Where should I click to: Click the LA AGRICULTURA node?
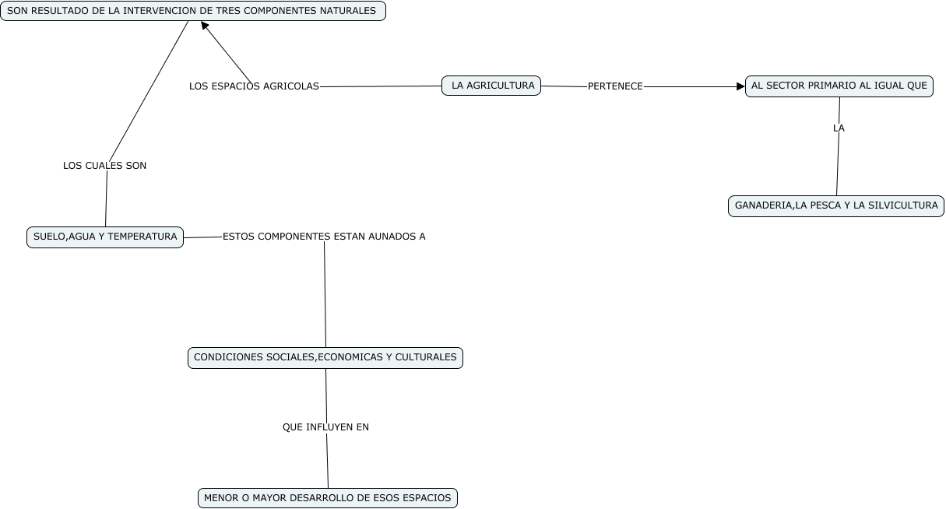[491, 86]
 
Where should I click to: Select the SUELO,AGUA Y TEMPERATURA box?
[105, 237]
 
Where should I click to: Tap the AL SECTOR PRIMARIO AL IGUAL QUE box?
[839, 86]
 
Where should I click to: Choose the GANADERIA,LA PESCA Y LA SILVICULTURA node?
[836, 206]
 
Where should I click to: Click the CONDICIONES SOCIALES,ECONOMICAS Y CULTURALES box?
[325, 357]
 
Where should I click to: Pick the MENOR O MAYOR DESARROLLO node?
[327, 498]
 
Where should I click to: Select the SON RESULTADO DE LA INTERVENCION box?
[192, 11]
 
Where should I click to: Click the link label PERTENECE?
[615, 86]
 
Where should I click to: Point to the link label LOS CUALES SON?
[104, 166]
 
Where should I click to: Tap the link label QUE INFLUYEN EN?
[325, 427]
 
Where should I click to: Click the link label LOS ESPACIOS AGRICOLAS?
[254, 86]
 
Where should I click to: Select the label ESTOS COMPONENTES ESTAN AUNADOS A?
[324, 237]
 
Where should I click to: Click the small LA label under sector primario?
[839, 128]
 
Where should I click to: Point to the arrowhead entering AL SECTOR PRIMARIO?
[740, 86]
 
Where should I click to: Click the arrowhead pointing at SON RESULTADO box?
[205, 26]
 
